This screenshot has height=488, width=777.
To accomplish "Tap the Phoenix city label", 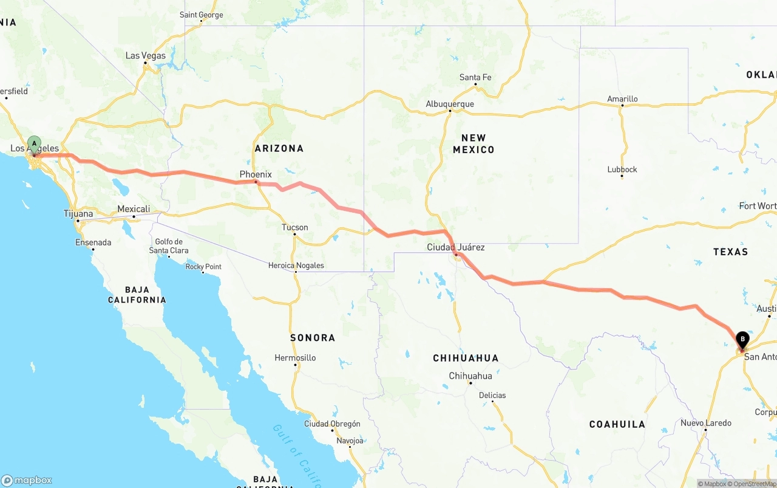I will coord(256,174).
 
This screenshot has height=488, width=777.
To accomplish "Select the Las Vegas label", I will coord(146,55).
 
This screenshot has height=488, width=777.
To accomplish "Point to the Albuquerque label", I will coord(450,104).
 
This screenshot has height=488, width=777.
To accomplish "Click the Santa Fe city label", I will coord(475,77).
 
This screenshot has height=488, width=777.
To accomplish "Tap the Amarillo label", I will coord(622,99).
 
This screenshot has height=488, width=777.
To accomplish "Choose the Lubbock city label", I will coord(622,170).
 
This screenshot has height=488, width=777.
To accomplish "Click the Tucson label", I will coord(295,227).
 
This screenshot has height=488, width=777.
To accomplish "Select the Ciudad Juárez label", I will coord(456,247).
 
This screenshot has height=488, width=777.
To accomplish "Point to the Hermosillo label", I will coord(295,358).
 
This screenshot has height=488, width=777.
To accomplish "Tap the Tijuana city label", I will coord(78,213).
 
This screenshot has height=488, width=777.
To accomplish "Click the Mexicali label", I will coord(134,209).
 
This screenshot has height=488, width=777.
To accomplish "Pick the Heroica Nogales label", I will coord(296,266).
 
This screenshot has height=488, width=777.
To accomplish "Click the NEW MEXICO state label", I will coord(473,143).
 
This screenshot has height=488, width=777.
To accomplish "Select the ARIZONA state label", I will coord(279,148).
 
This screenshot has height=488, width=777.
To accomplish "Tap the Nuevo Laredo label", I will coord(706,423).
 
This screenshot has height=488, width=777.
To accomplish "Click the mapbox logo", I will coord(27,480).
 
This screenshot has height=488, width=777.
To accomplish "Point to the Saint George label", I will coord(202,15).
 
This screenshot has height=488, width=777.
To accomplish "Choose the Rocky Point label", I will coord(203,267).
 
